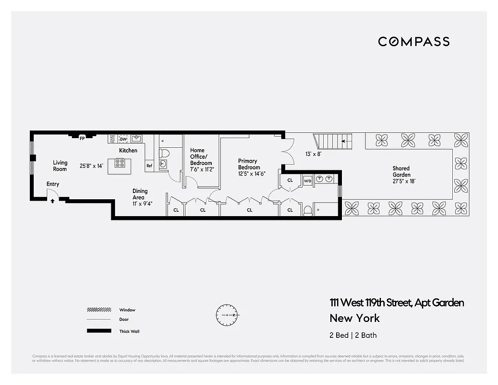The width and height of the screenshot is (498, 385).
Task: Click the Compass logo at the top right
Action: tap(414, 42)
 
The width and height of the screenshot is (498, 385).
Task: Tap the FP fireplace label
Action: tap(82, 139)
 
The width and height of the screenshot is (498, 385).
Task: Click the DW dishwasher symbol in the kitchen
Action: tap(123, 139)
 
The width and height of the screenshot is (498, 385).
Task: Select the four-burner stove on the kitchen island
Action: tap(120, 164)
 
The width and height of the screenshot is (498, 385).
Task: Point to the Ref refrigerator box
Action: tap(149, 166)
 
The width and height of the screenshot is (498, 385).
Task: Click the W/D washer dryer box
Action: tap(307, 181)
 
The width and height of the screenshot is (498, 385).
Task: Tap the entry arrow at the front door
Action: tap(52, 201)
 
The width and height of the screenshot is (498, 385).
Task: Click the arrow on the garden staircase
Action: tap(344, 141)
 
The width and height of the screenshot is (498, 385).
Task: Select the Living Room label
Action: tap(60, 166)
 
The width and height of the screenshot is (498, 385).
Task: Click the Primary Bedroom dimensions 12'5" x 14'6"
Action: tap(251, 174)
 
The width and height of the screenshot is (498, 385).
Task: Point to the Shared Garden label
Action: tap(401, 171)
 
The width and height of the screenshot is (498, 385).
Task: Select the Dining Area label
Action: tap(140, 194)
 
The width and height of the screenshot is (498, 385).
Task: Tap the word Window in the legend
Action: tap(127, 310)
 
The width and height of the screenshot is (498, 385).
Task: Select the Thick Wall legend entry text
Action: tap(129, 331)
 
